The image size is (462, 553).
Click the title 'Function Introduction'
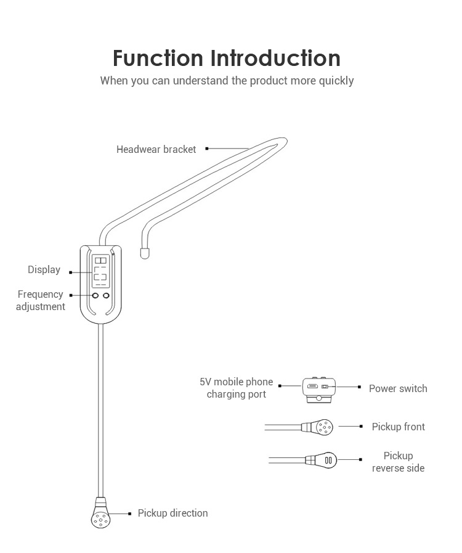226,58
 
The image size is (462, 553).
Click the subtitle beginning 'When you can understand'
227,81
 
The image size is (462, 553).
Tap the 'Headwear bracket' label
156,149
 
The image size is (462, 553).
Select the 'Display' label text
44,269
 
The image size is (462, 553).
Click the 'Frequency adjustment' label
40,300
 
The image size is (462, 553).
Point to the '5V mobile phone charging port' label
236,388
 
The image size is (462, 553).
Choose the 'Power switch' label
397,388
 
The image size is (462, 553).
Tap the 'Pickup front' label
398,427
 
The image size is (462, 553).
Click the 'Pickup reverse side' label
398,462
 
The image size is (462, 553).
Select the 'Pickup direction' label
172,513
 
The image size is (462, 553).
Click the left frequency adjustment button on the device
95,297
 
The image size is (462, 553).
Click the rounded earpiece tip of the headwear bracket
145,252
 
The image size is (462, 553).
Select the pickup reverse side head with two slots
326,460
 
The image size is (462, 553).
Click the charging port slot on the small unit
312,387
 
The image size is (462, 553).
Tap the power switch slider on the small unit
326,387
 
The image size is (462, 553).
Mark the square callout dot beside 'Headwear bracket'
207,149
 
